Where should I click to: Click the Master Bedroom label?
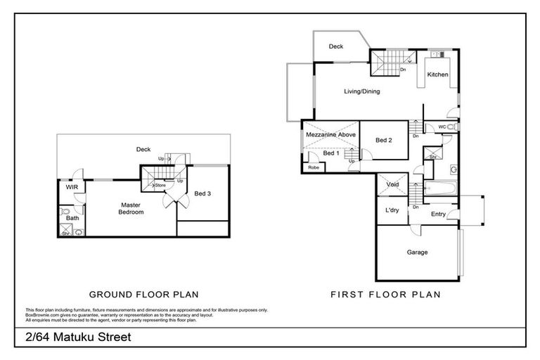(131, 208)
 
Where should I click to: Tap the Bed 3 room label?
(202, 193)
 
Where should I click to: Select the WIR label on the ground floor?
(71, 188)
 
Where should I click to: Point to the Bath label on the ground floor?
(72, 218)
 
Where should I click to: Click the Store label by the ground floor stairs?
(170, 186)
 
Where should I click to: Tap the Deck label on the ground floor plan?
(143, 149)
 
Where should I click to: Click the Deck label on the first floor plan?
(336, 46)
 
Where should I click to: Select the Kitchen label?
(438, 75)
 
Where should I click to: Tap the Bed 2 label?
(383, 141)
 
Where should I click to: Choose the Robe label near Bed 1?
(312, 167)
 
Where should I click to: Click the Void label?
(393, 185)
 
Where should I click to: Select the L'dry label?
(392, 211)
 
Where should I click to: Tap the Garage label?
(417, 252)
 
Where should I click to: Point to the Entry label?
(438, 214)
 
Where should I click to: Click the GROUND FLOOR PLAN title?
(143, 294)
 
